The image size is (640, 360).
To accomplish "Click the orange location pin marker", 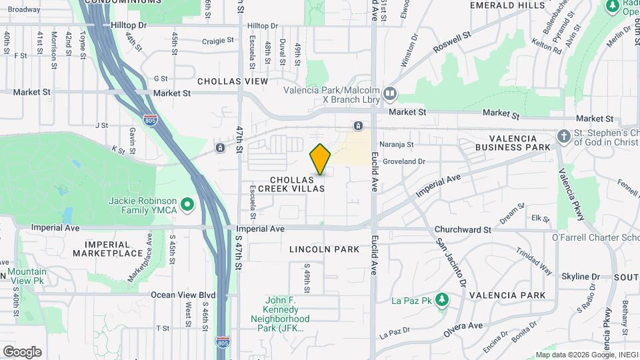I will [x=321, y=159].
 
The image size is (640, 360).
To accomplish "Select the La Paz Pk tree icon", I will [x=441, y=299].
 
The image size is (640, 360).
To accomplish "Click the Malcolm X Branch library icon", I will [x=390, y=92].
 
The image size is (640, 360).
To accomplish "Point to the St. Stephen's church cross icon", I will [x=563, y=135].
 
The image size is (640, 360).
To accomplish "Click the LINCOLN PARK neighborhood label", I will [x=325, y=249].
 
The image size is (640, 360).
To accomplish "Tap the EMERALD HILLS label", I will [x=507, y=5].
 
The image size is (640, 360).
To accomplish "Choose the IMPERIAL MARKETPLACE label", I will [x=108, y=249].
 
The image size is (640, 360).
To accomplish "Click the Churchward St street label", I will [x=463, y=230].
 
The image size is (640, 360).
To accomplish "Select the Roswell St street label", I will [x=452, y=41].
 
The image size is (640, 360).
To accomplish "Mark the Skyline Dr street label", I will [x=580, y=277].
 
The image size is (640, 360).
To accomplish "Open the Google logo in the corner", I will [x=22, y=352].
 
